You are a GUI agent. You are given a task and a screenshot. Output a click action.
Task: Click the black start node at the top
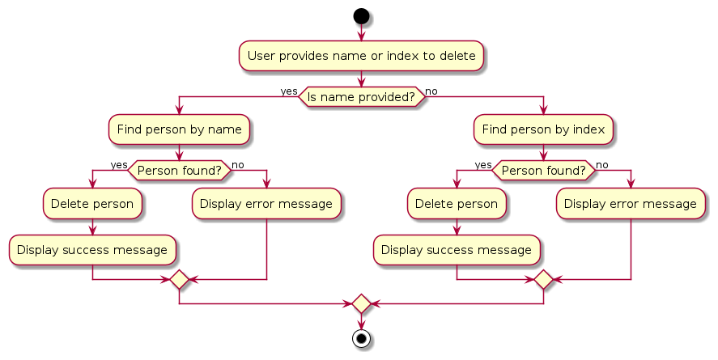[361, 16]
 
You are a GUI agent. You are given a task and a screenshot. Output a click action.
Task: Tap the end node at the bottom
[361, 338]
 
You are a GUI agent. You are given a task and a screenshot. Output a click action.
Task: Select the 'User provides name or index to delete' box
[361, 56]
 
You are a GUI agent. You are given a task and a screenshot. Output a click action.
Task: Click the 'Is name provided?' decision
[361, 97]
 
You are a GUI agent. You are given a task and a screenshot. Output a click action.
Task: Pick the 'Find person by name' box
[179, 129]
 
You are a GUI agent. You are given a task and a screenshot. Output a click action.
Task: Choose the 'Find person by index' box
[543, 129]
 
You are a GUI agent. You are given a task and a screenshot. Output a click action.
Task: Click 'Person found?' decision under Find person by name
[179, 171]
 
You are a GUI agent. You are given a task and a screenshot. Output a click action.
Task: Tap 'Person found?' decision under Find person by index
[543, 171]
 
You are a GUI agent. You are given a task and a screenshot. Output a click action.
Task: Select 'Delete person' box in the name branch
[92, 204]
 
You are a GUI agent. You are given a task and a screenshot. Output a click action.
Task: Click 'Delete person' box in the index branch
[457, 204]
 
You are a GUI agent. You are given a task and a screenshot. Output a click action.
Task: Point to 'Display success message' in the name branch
[92, 250]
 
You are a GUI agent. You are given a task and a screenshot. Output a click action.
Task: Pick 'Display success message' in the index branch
[457, 250]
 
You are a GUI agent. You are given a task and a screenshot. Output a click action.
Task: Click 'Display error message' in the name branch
[266, 204]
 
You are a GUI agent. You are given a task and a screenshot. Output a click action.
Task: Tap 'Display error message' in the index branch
[631, 204]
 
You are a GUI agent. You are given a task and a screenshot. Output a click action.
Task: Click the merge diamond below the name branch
[179, 280]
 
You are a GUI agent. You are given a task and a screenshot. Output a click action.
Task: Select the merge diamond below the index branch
[543, 280]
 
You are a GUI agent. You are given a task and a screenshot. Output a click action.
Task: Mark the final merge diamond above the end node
[361, 304]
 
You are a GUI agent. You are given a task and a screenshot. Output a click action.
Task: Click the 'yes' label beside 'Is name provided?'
[289, 91]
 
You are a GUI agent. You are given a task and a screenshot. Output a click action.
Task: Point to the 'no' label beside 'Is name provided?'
[431, 91]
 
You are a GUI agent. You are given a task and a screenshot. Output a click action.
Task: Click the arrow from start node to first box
[361, 32]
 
